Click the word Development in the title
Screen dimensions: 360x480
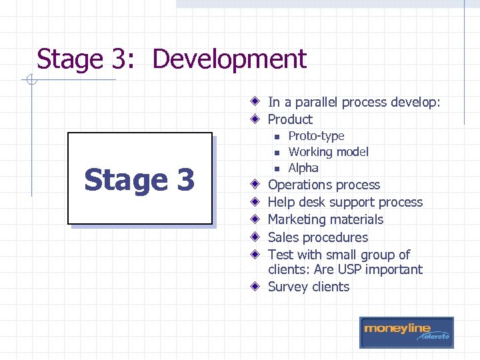pyautogui.click(x=229, y=59)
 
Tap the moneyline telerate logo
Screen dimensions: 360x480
pyautogui.click(x=406, y=332)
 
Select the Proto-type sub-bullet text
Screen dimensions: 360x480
pyautogui.click(x=316, y=136)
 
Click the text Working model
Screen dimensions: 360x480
pyautogui.click(x=328, y=152)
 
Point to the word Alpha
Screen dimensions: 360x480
pyautogui.click(x=303, y=168)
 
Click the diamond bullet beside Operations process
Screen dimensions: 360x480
pyautogui.click(x=256, y=185)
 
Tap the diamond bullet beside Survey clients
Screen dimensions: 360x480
pyautogui.click(x=256, y=287)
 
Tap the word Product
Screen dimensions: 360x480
pyautogui.click(x=290, y=119)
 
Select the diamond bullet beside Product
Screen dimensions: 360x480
pyautogui.click(x=256, y=119)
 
